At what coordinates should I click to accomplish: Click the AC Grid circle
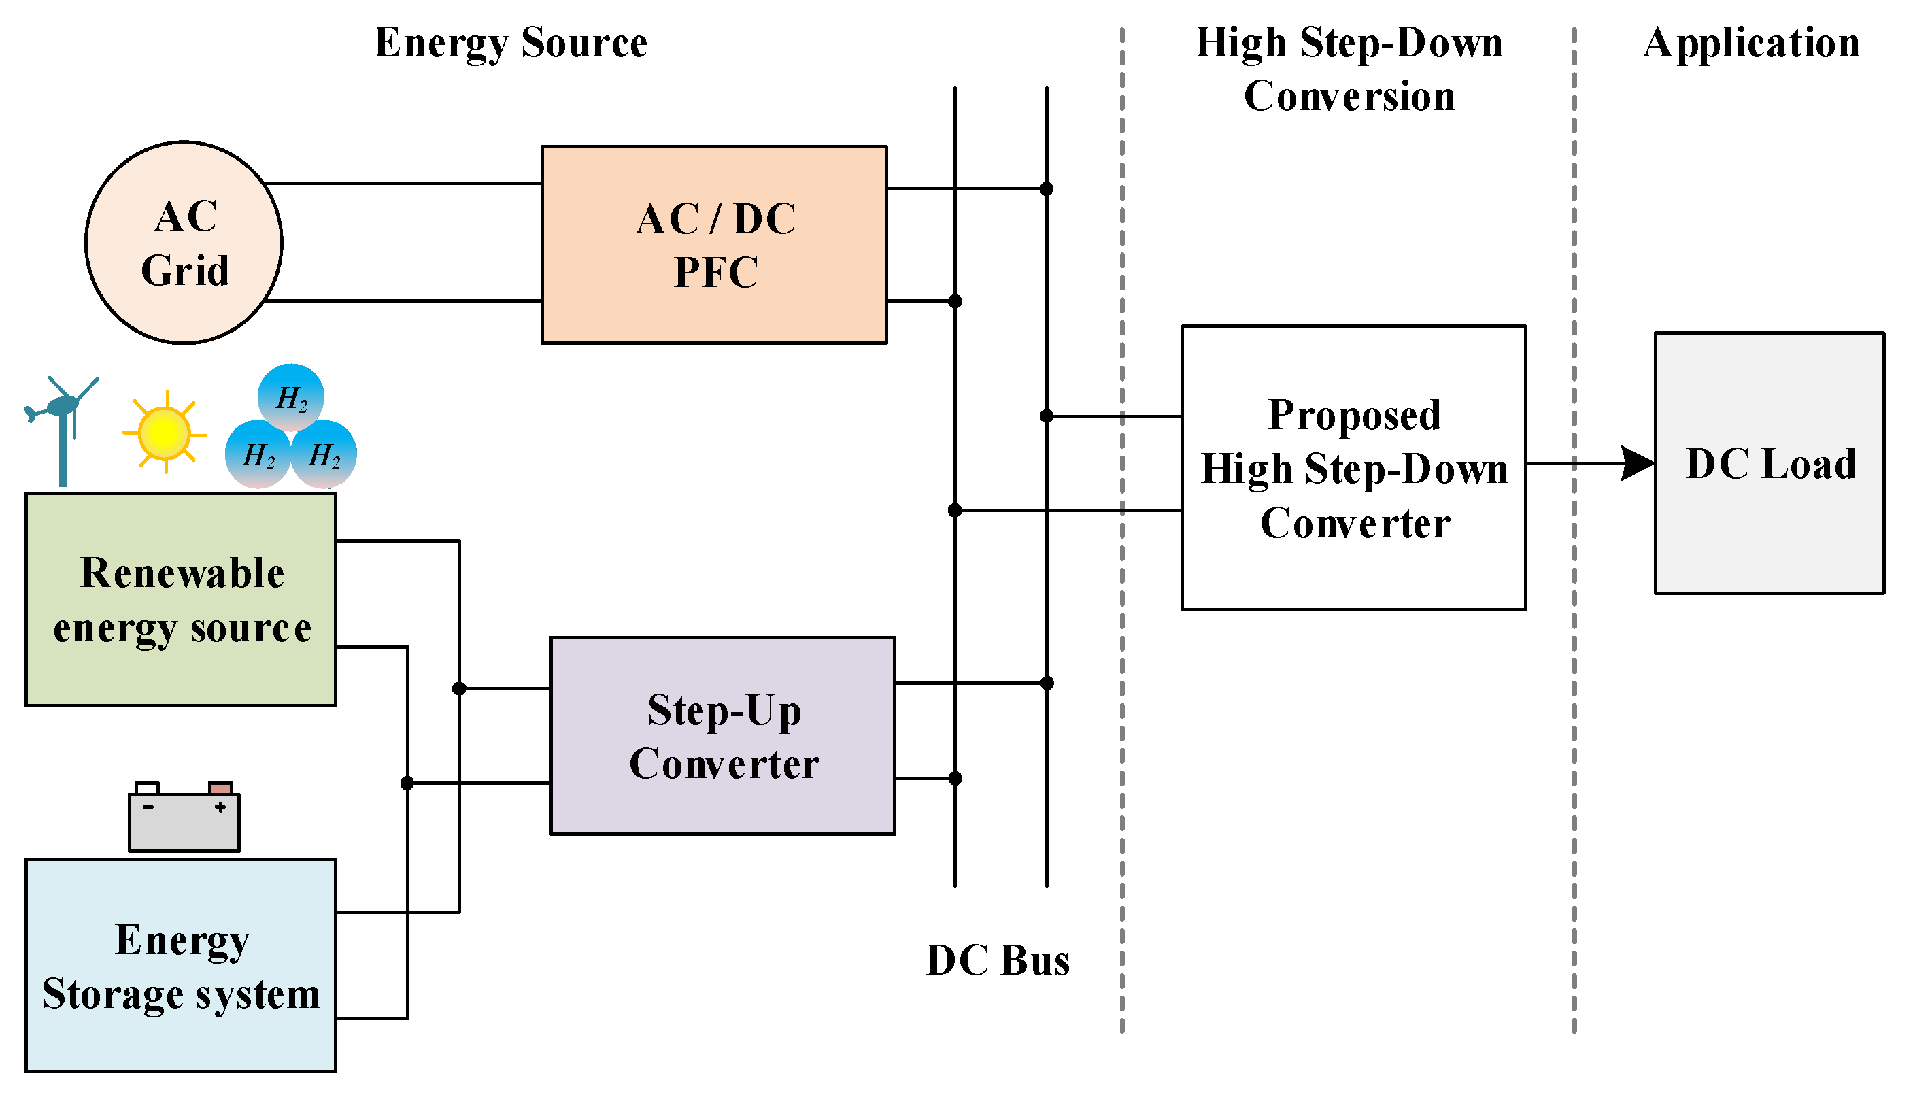pos(184,243)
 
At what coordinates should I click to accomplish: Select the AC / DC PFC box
pos(714,245)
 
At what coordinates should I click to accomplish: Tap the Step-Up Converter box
pos(722,735)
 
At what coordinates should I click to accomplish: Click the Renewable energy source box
pos(181,599)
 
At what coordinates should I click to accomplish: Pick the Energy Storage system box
pos(181,965)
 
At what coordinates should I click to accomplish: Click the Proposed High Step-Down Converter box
pos(1353,468)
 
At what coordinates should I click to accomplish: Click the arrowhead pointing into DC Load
pos(1638,463)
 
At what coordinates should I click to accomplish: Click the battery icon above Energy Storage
pos(184,818)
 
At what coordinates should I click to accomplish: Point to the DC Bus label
pos(997,960)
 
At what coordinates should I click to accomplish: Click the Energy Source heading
pos(511,42)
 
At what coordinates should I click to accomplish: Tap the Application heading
pos(1751,42)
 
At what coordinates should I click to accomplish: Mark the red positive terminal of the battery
pos(220,788)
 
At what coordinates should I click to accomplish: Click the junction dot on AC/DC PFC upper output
pos(1046,188)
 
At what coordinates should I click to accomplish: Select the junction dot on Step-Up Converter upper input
pos(458,688)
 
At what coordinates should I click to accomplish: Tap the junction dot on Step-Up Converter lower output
pos(954,778)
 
